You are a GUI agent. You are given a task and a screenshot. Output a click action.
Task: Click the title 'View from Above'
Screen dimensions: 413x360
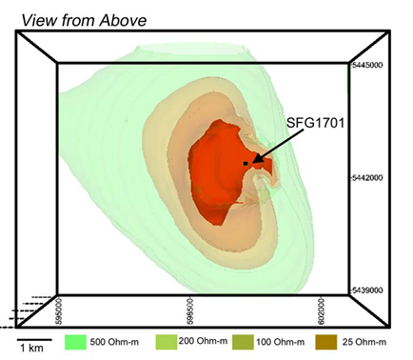[x=84, y=20]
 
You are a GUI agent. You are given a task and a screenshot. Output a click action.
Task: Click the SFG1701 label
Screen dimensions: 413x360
[x=315, y=123]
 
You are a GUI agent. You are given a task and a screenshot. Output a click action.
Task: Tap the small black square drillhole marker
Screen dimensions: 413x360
[x=246, y=164]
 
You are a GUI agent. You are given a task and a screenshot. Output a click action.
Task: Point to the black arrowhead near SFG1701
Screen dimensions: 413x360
[x=259, y=158]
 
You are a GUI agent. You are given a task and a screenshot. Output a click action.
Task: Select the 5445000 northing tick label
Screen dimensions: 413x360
[x=367, y=65]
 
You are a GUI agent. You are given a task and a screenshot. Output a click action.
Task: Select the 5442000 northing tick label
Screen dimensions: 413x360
[x=367, y=177]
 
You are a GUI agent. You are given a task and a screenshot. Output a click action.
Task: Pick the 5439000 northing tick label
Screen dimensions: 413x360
[x=367, y=290]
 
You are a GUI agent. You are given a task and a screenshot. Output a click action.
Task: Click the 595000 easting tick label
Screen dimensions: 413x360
[x=59, y=310]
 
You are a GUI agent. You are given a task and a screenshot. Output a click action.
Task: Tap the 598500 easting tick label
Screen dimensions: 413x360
[x=190, y=310]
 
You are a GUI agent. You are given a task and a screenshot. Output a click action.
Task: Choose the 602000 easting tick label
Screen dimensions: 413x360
[x=321, y=310]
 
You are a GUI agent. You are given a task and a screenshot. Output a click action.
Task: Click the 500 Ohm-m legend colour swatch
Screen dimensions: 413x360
[x=75, y=342]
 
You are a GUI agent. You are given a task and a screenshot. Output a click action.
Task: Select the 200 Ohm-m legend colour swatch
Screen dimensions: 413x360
[x=167, y=342]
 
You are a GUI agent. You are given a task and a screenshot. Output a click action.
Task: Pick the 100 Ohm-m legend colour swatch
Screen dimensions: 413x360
[x=243, y=342]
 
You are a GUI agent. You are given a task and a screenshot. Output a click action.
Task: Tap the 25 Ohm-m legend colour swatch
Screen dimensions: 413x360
[x=326, y=342]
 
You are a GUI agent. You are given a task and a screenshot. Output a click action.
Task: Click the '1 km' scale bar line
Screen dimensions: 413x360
[x=34, y=340]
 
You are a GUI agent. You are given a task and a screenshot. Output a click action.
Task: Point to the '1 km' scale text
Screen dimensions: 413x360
[x=31, y=348]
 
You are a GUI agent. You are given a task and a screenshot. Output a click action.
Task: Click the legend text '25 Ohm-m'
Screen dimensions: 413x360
[x=364, y=342]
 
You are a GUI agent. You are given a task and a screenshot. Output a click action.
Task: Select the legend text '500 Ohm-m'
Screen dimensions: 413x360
[x=114, y=342]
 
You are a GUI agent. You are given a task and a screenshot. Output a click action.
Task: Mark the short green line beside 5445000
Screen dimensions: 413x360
[x=348, y=79]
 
